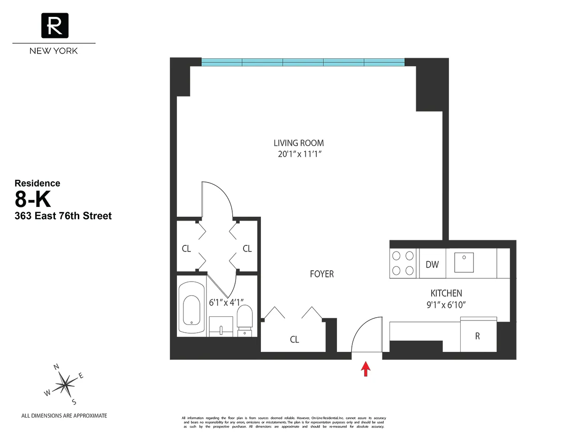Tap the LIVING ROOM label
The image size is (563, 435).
click(x=299, y=143)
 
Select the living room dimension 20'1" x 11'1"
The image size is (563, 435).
click(x=299, y=153)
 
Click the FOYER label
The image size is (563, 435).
click(x=322, y=274)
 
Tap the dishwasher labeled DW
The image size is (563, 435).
click(x=432, y=265)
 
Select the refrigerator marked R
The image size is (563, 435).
click(x=477, y=336)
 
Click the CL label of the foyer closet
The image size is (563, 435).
click(x=294, y=340)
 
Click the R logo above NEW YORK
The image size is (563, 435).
click(x=54, y=25)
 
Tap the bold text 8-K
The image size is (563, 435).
click(x=33, y=200)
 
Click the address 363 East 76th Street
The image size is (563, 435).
click(x=63, y=216)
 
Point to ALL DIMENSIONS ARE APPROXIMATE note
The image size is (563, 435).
click(x=64, y=416)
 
